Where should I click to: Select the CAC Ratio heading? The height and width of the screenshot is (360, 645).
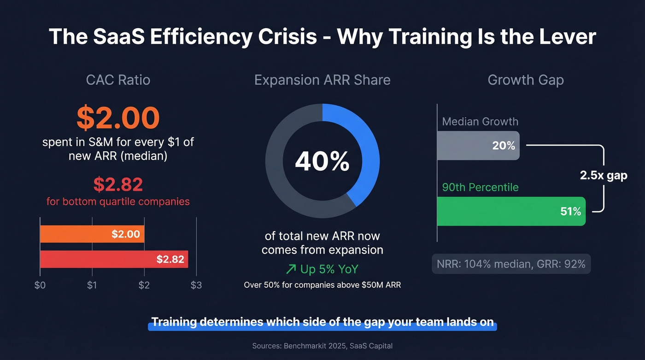[118, 80]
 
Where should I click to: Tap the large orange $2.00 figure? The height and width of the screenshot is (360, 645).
[118, 118]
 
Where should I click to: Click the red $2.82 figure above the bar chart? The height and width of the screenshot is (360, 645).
[118, 184]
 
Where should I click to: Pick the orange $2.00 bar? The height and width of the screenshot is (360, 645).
[92, 234]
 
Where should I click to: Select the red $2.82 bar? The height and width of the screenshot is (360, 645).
[114, 259]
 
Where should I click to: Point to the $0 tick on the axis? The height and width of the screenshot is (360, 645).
[40, 285]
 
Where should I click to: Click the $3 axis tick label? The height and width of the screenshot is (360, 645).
[196, 285]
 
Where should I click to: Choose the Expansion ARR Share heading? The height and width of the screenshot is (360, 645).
[322, 80]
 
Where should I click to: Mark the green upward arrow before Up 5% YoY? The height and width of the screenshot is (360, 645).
[291, 269]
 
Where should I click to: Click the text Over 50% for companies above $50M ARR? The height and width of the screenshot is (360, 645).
[322, 285]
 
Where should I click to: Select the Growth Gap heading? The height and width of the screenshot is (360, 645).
[525, 80]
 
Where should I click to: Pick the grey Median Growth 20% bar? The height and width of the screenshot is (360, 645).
[478, 146]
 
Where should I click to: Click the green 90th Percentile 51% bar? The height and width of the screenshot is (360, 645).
[510, 211]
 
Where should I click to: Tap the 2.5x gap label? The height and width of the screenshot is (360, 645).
[603, 176]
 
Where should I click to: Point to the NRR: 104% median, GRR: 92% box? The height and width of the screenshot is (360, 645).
[511, 264]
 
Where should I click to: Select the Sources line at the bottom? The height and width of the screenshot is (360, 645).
[322, 346]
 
